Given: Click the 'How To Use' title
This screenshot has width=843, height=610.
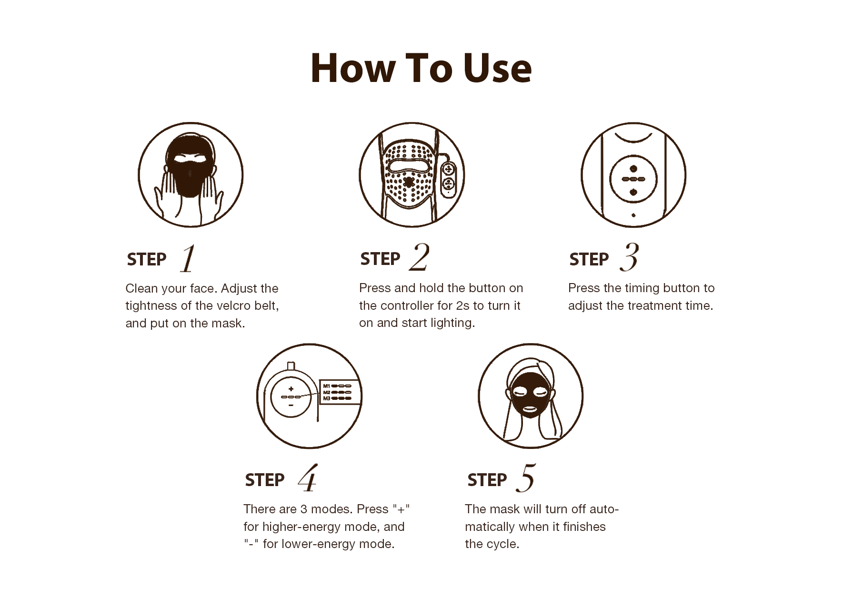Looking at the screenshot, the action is click(x=421, y=68).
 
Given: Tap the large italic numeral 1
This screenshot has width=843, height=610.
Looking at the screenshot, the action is click(x=188, y=258).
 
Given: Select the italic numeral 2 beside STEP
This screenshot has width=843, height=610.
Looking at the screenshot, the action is click(x=419, y=257).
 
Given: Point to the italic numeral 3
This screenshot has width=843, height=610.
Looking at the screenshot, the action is click(x=629, y=257).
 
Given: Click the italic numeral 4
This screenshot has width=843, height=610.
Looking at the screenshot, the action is click(x=307, y=478).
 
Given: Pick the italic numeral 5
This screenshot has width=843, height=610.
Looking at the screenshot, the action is click(x=526, y=478).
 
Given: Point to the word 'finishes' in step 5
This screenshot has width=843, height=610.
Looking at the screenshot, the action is click(x=584, y=527).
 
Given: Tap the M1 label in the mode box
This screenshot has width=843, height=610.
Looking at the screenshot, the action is click(x=327, y=386).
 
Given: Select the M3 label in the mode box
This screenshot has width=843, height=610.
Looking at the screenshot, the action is click(x=327, y=398).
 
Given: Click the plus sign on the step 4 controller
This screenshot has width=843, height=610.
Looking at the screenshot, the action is click(x=291, y=389).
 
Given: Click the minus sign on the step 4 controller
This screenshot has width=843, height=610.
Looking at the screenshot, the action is click(x=291, y=406).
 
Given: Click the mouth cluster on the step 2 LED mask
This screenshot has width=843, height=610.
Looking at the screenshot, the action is click(x=408, y=182).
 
